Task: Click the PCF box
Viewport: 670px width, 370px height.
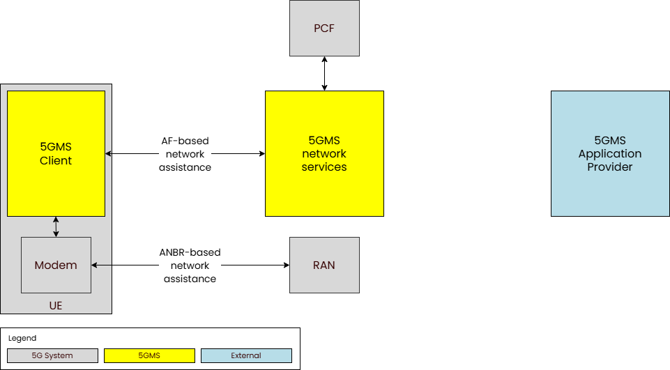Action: coord(324,28)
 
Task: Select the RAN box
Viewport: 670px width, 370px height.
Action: coord(324,265)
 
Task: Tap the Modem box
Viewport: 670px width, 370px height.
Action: coord(56,265)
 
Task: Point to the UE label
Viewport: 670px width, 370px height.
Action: coord(56,305)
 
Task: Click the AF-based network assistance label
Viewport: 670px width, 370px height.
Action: coord(185,153)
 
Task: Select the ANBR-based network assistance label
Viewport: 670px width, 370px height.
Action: coord(190,265)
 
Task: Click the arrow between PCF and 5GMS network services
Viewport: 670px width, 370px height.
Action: coord(324,73)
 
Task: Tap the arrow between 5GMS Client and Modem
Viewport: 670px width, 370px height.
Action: coord(56,226)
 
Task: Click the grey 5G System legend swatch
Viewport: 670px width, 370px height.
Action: coord(52,355)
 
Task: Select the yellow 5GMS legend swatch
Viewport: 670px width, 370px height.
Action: coord(149,355)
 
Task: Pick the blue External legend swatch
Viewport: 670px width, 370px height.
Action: coord(246,355)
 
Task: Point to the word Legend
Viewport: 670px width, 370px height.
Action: coord(22,338)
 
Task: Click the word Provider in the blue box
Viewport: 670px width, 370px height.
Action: coord(610,167)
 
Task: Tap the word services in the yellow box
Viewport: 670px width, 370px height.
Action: coord(324,167)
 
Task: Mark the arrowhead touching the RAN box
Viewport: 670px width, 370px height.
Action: coord(286,265)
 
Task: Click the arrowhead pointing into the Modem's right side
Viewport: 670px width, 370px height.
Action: coord(95,265)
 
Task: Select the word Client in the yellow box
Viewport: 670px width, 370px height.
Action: coord(56,160)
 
